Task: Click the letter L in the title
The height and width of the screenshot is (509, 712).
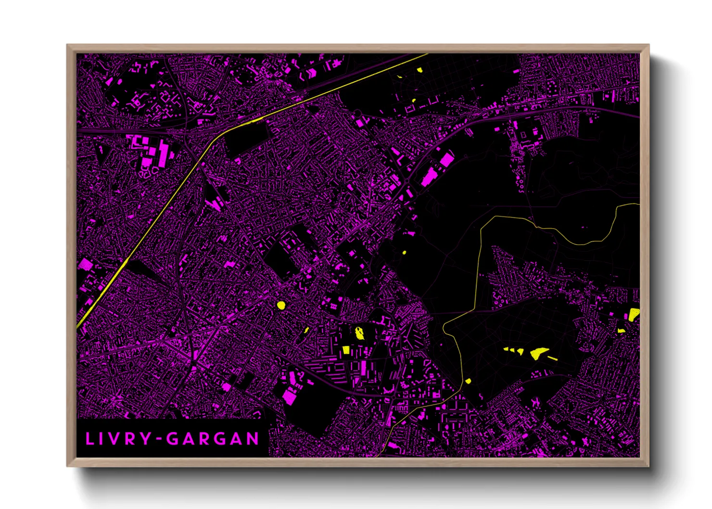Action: (89, 439)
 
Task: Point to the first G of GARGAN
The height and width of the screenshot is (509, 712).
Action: (172, 439)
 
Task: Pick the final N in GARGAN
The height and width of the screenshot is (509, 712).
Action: (252, 439)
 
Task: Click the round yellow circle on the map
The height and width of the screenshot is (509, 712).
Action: (281, 305)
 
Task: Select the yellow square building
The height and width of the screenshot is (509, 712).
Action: (345, 350)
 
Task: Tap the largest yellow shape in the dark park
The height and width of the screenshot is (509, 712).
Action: (538, 353)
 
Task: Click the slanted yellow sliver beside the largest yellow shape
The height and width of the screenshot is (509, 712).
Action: (553, 358)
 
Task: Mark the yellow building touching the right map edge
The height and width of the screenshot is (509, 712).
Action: (634, 315)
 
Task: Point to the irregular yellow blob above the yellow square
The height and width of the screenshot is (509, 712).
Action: (359, 332)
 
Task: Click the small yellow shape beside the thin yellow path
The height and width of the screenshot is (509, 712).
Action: (468, 381)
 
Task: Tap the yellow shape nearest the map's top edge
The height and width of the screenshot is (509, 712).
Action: (420, 70)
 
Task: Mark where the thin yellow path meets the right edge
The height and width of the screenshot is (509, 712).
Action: (639, 204)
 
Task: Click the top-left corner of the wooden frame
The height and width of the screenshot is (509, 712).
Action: (67, 45)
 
